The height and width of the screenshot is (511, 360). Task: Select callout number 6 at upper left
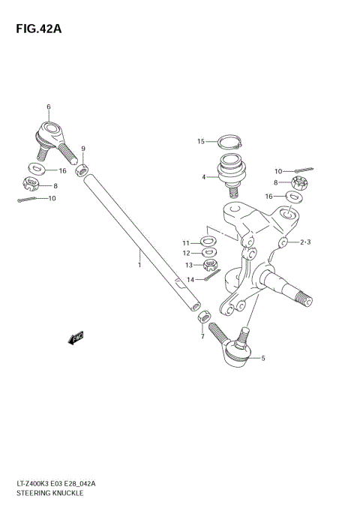pos(48,107)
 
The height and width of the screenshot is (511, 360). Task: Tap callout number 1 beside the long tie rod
pos(139,264)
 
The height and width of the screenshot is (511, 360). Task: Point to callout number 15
pos(201,141)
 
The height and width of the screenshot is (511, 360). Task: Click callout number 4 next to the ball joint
pos(204,177)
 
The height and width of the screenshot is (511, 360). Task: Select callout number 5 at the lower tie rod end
pos(262,359)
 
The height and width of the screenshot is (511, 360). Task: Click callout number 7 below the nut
pos(202,336)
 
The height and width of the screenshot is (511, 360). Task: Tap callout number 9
pos(83,149)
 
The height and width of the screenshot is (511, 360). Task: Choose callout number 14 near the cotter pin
pos(190,280)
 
